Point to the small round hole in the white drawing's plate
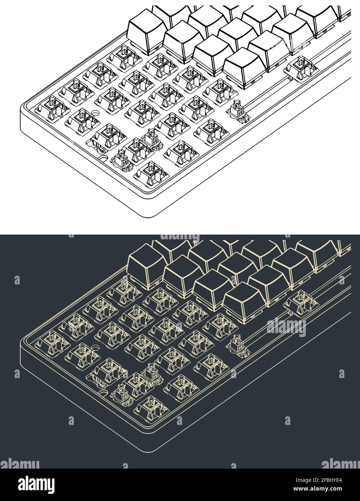pyautogui.click(x=96, y=112)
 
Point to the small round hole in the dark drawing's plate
pyautogui.click(x=96, y=348)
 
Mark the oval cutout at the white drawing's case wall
pyautogui.click(x=103, y=158)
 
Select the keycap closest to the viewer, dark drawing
pyautogui.click(x=245, y=302)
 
